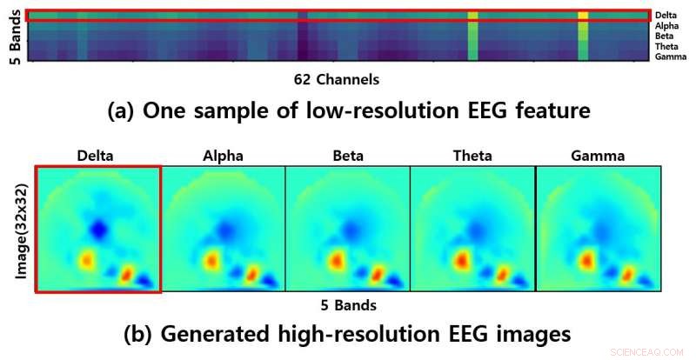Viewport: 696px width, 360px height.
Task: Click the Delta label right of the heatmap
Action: pos(666,15)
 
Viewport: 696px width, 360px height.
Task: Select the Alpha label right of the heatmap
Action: pos(666,26)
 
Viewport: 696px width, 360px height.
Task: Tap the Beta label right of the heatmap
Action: pos(665,37)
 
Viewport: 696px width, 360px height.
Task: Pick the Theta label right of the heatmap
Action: pos(666,46)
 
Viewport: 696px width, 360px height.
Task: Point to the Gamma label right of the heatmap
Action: pos(667,57)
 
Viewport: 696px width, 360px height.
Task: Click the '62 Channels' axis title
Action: pos(337,80)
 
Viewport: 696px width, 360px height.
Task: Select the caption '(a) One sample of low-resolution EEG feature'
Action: pos(348,111)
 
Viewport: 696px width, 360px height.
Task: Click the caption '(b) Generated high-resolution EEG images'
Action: pos(348,333)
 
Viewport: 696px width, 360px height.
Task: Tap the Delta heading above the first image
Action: pos(97,157)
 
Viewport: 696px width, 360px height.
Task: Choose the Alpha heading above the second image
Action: pos(223,157)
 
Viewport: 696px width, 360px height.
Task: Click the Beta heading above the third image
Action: pos(347,157)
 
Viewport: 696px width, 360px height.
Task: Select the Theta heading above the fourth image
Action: pos(472,157)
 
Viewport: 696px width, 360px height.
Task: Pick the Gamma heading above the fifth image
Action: pos(597,157)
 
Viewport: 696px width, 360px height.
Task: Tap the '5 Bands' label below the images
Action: pos(349,305)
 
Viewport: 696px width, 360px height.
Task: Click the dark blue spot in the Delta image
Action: pos(99,229)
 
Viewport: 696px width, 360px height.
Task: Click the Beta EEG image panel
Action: pos(347,229)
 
